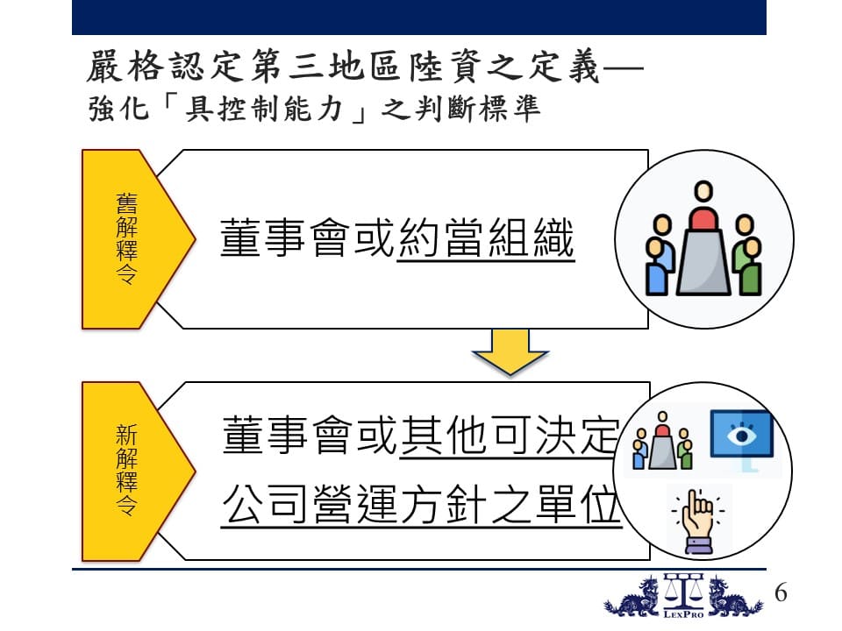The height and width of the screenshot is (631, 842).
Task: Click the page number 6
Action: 781,593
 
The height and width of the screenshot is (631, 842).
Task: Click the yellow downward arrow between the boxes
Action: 510,352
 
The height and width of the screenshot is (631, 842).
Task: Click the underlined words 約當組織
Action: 486,238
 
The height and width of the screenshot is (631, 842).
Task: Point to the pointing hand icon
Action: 697,521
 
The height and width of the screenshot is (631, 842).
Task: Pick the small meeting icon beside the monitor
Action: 662,441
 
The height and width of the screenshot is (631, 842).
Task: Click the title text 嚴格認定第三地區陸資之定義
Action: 343,67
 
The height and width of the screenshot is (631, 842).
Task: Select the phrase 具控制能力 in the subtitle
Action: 264,109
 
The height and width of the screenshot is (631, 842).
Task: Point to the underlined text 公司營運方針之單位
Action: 422,505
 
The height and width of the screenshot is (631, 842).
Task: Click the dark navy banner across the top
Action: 419,18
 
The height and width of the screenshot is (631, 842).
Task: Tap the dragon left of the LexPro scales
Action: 632,597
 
